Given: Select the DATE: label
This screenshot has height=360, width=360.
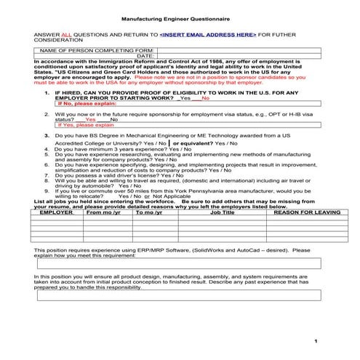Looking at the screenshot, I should coord(144,55).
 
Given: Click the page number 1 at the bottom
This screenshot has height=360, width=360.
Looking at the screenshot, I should coord(316,341).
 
